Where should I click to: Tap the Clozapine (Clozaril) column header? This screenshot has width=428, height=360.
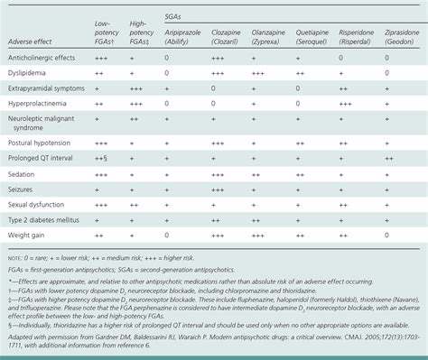[x=229, y=36]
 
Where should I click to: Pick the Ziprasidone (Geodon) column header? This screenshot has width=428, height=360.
[x=401, y=36]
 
